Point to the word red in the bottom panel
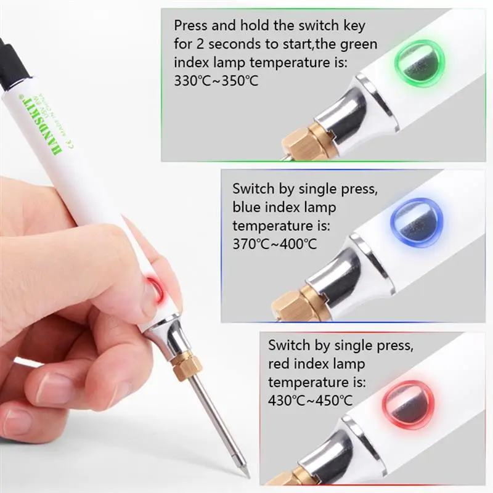click(x=281, y=364)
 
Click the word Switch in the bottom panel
click(x=289, y=346)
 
